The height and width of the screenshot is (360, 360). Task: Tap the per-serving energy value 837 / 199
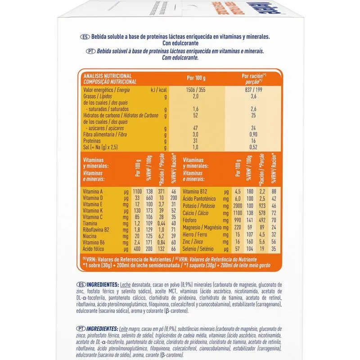[253, 90]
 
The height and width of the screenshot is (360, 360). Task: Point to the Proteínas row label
[94, 140]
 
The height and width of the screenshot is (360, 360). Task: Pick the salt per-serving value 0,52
[253, 147]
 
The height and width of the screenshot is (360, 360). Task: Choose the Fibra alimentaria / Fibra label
[108, 134]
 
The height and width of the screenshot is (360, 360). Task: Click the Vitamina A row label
[94, 191]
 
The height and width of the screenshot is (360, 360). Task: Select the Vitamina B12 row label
[195, 191]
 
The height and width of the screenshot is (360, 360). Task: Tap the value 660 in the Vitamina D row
[150, 198]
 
